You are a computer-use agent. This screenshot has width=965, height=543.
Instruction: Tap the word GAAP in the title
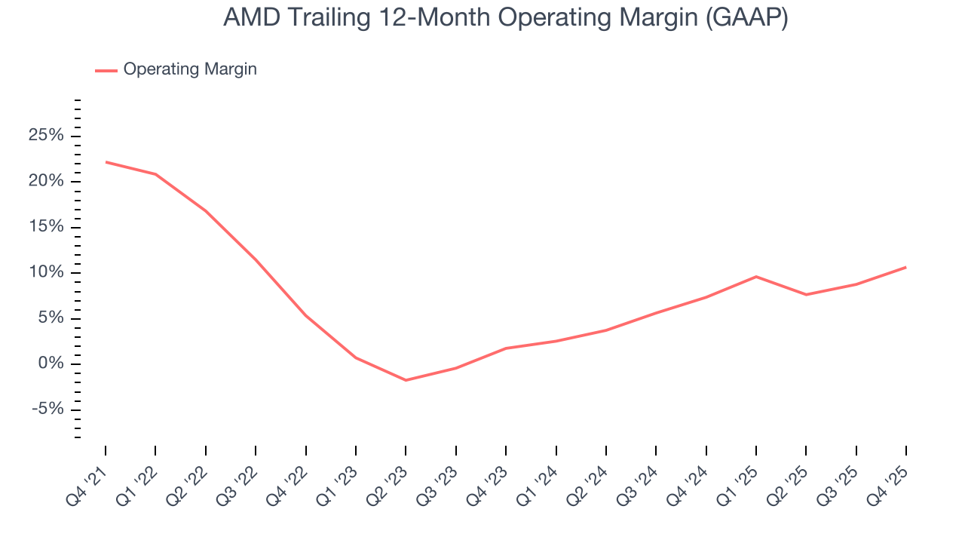pyautogui.click(x=746, y=18)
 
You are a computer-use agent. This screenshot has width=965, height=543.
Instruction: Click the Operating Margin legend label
pyautogui.click(x=190, y=69)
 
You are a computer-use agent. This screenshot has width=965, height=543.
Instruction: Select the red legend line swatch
pyautogui.click(x=106, y=70)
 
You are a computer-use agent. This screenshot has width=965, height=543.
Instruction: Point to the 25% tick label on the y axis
pyautogui.click(x=45, y=136)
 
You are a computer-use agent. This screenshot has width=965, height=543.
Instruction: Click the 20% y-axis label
pyautogui.click(x=45, y=182)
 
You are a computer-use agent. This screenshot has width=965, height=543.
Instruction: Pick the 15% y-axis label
pyautogui.click(x=45, y=227)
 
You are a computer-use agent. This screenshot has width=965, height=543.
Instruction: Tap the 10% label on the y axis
pyautogui.click(x=45, y=273)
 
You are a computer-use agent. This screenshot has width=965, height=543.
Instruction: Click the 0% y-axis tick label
pyautogui.click(x=50, y=364)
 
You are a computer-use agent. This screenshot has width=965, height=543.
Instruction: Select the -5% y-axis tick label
pyautogui.click(x=47, y=410)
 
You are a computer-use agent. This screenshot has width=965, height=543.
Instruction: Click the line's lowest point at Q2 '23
pyautogui.click(x=406, y=380)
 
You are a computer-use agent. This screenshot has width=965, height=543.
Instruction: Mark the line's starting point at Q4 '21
pyautogui.click(x=106, y=161)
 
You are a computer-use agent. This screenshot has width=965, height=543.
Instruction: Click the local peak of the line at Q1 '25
pyautogui.click(x=756, y=276)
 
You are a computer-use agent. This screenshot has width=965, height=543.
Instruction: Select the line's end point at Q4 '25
pyautogui.click(x=905, y=267)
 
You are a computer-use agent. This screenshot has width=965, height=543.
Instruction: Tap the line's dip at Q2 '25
pyautogui.click(x=806, y=294)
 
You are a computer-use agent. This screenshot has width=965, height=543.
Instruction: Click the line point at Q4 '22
pyautogui.click(x=306, y=315)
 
